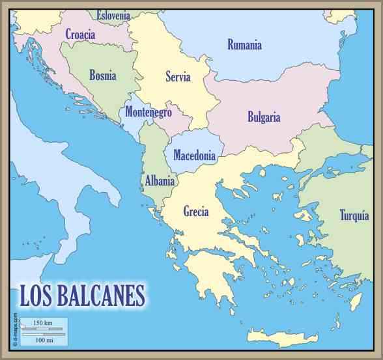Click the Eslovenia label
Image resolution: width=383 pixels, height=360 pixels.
[x=113, y=15]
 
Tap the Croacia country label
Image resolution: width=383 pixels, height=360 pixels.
[x=80, y=35]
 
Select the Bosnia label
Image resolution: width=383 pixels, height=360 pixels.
[x=103, y=76]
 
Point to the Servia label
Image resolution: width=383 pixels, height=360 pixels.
[x=178, y=77]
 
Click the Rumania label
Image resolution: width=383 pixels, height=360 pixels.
[x=244, y=45]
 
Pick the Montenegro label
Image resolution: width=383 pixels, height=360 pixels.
[x=149, y=112]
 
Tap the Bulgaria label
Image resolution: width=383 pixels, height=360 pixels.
[x=264, y=118]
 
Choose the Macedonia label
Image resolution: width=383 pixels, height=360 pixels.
[x=194, y=156]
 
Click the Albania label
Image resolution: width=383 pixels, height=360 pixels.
[x=160, y=181]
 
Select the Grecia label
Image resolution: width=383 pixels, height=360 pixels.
[x=196, y=212]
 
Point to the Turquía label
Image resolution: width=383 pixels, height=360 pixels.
[x=354, y=215]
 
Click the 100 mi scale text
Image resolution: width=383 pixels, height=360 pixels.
[x=44, y=340]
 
